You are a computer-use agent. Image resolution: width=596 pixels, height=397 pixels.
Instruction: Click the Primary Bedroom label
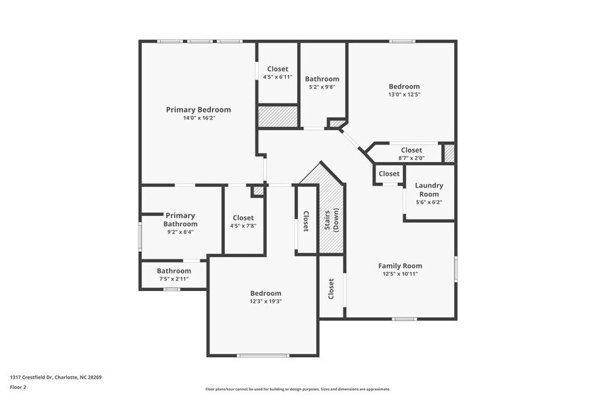[x=198, y=109]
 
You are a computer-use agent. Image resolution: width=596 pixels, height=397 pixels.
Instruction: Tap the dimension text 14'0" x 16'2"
[x=198, y=118]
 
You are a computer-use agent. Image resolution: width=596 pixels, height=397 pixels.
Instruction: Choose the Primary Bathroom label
[x=180, y=219]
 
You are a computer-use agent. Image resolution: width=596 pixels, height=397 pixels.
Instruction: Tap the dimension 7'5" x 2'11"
[x=174, y=279]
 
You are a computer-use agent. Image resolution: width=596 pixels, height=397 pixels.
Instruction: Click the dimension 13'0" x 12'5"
[x=403, y=95]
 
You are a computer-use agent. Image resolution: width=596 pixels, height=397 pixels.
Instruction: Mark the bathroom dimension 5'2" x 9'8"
[x=322, y=87]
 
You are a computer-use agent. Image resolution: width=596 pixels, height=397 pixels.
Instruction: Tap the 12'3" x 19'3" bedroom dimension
[x=265, y=301]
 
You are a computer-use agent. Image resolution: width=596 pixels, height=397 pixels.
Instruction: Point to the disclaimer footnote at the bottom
[x=297, y=389]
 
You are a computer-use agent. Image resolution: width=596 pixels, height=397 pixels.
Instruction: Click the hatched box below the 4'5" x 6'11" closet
[x=278, y=115]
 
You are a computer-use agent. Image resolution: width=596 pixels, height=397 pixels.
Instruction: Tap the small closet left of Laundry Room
[x=389, y=174]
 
